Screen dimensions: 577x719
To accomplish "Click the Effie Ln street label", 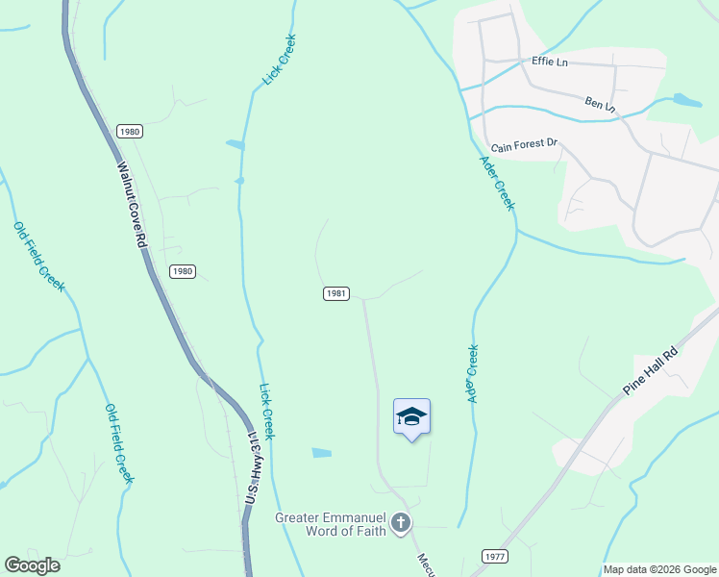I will (550, 62).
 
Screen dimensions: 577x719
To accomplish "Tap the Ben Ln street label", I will (600, 103).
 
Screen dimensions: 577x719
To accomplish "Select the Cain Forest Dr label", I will (524, 146).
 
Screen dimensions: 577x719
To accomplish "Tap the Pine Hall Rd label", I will (651, 368).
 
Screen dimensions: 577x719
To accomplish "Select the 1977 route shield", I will (493, 557).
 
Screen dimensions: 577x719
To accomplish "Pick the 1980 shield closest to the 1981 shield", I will (183, 271).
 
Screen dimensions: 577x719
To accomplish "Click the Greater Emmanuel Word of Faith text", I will (331, 523).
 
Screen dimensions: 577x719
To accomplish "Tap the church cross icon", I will (400, 524).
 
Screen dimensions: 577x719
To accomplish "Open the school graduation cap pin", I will (411, 417).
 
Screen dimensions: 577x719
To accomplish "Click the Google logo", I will (33, 565).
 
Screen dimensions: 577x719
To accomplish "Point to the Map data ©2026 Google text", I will (659, 569).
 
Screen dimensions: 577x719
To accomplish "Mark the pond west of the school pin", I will (322, 452).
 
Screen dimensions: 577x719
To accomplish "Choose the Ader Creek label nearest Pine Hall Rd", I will (472, 374).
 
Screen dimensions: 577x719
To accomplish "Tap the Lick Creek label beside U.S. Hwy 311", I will (267, 412).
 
